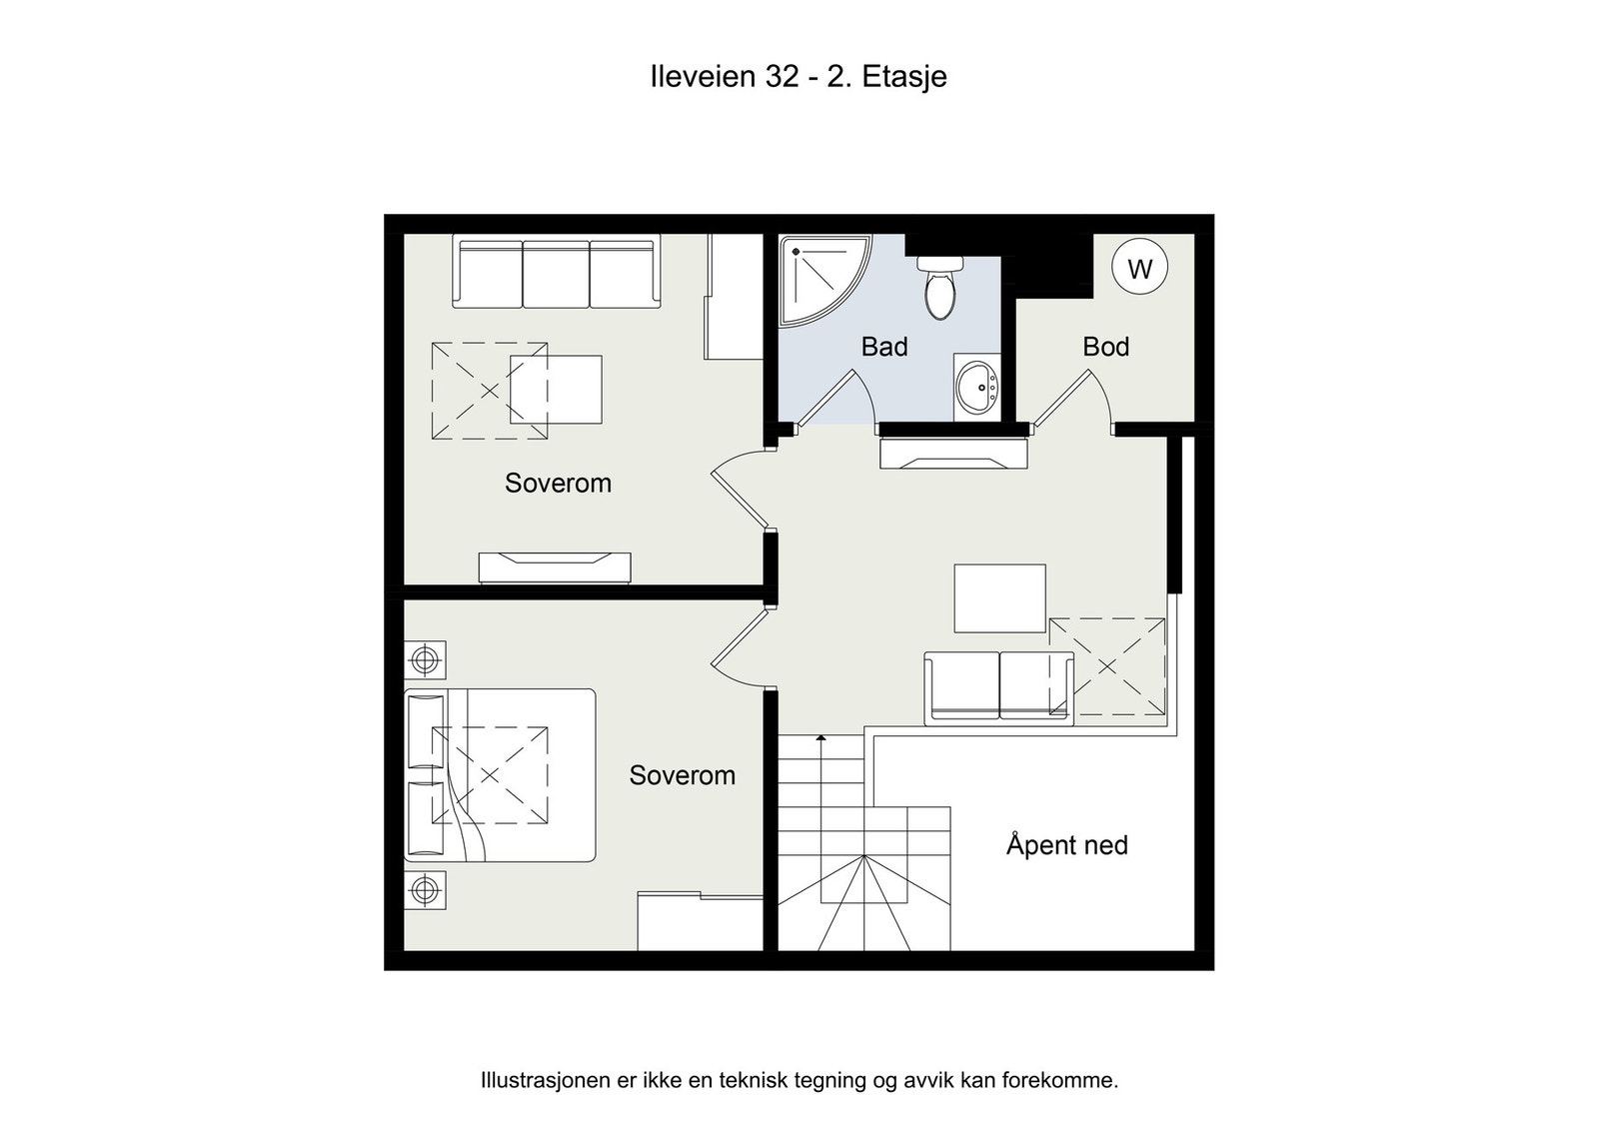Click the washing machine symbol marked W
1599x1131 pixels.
[x=1139, y=267]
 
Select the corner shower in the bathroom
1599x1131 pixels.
[x=820, y=279]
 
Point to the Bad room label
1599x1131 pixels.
[x=884, y=347]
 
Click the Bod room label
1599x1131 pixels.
[x=1105, y=347]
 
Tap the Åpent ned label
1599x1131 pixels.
[x=1067, y=844]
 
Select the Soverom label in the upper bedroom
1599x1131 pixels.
[x=559, y=484]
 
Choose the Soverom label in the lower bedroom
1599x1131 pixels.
[x=683, y=775]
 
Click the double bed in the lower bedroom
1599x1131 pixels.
[x=500, y=775]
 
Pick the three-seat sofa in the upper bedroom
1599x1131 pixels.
[x=557, y=274]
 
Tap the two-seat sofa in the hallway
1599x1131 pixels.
[x=998, y=688]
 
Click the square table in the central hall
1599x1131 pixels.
[x=1000, y=597]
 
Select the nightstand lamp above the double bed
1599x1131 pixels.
[x=426, y=660]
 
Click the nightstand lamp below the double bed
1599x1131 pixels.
[x=426, y=890]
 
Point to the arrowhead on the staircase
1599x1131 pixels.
[x=820, y=737]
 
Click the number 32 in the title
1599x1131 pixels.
[x=783, y=76]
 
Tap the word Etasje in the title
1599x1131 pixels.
[x=904, y=77]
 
